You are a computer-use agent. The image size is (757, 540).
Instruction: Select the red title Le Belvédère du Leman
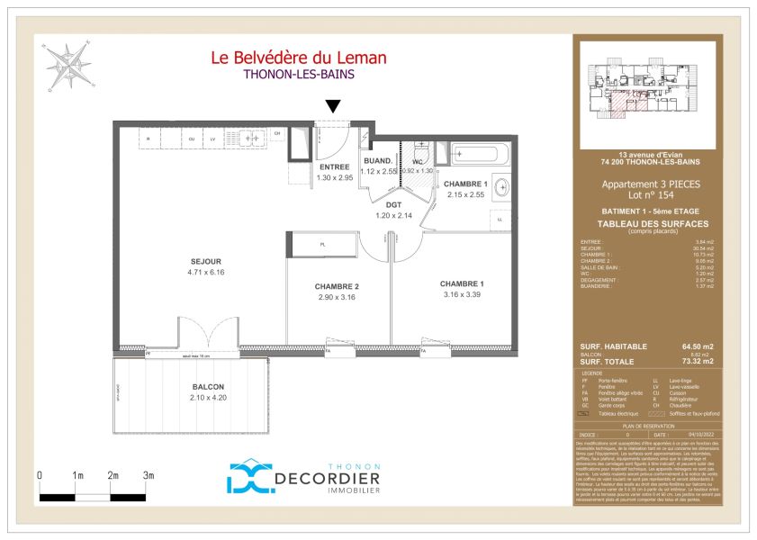pos(298,58)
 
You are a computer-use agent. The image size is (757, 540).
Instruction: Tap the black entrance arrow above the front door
pos(333,107)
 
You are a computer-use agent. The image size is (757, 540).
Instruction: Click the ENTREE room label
pos(334,167)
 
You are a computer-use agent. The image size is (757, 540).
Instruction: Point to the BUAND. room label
pos(378,161)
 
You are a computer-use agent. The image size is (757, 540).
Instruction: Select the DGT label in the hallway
pos(392,205)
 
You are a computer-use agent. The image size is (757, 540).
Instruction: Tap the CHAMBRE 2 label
pos(338,287)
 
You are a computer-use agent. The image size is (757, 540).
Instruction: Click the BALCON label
pos(208,387)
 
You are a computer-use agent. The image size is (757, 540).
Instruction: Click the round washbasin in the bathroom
pos(502,188)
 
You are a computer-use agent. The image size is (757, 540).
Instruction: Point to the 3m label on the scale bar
pos(149,475)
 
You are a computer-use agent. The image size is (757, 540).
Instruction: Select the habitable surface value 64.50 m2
pos(698,346)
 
